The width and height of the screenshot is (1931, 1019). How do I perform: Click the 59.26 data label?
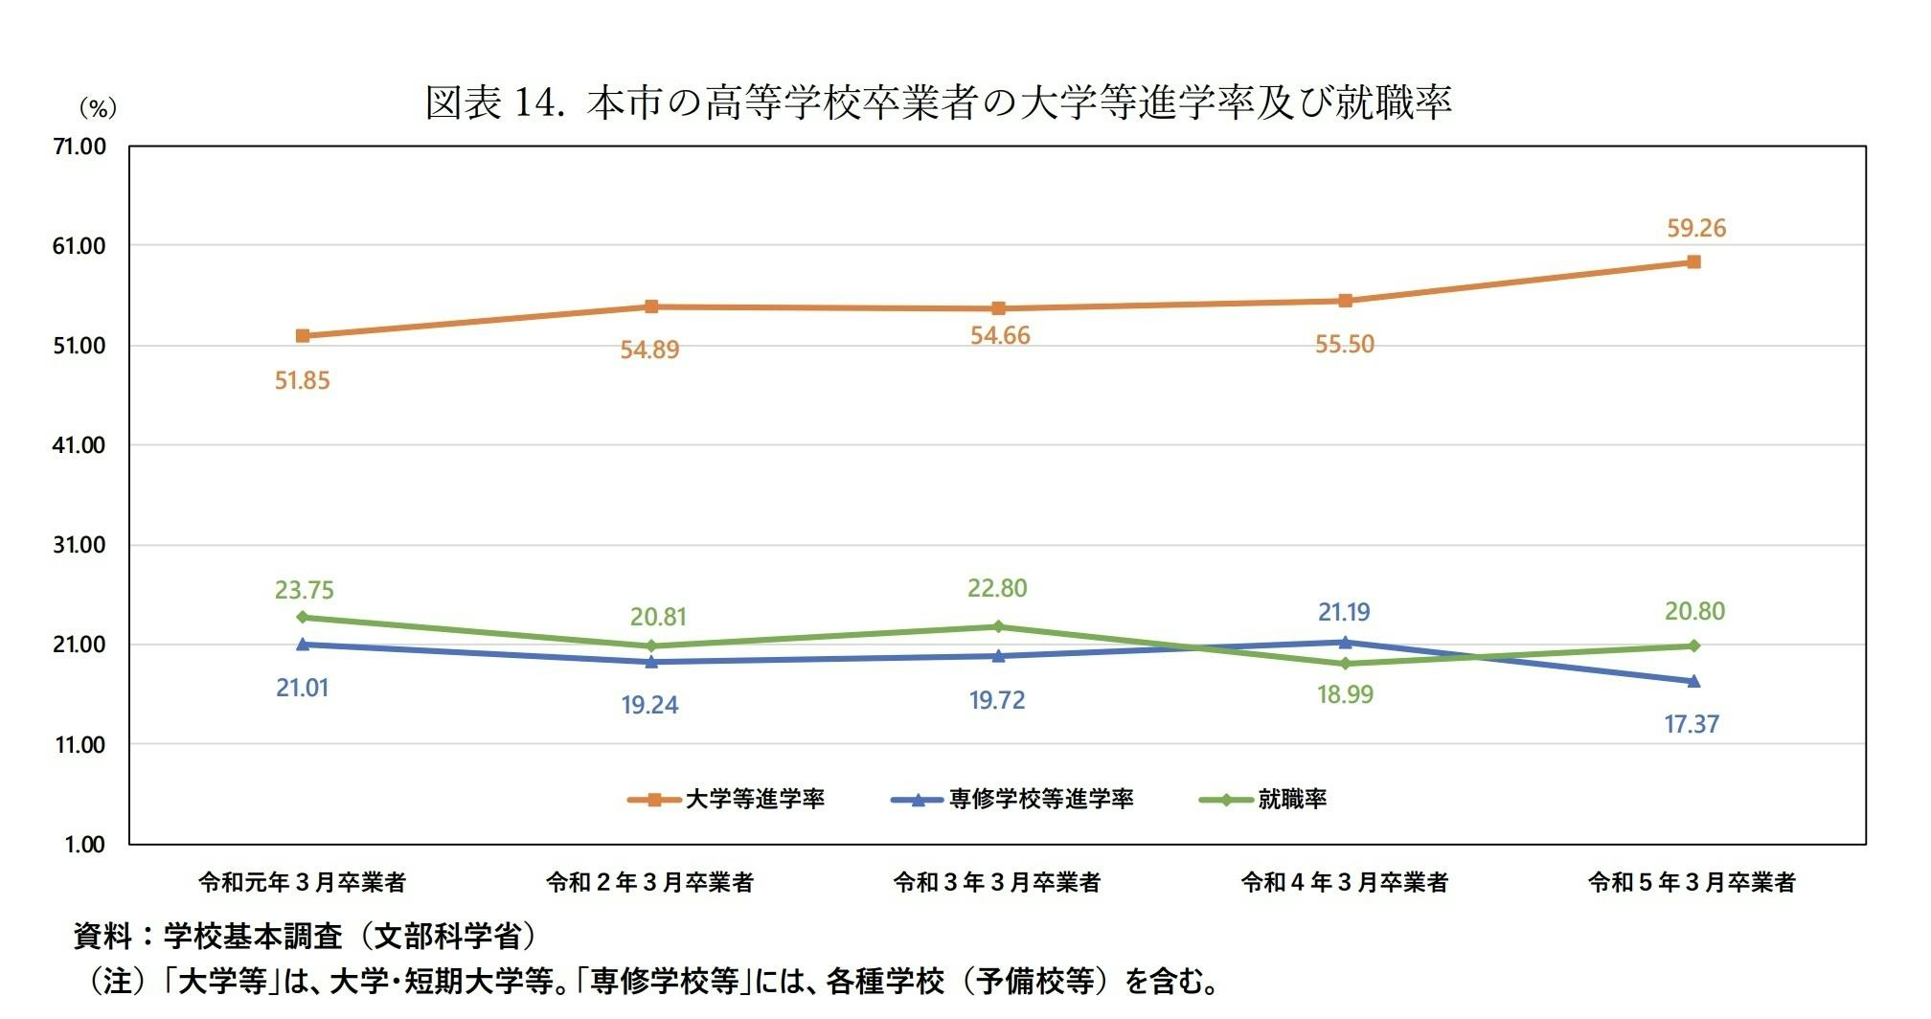pos(1695,228)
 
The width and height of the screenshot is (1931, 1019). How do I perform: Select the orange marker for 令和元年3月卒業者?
pos(303,336)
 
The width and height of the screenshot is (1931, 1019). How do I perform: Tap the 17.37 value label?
pos(1692,724)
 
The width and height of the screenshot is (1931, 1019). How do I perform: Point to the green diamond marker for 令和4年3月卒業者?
pos(1345,664)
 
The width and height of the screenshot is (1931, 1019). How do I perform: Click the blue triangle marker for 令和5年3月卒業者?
pos(1693,681)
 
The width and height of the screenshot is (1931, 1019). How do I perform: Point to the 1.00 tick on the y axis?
pos(84,845)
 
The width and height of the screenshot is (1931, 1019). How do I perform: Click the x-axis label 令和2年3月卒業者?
pos(649,882)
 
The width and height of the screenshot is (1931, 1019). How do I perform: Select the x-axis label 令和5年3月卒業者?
pos(1692,882)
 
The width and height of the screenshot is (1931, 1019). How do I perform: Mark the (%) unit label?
pos(97,108)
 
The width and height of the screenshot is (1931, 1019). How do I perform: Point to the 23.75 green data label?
pos(304,590)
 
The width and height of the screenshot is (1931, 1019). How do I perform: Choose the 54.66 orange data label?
pos(1000,335)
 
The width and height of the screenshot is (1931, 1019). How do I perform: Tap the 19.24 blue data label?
pos(649,705)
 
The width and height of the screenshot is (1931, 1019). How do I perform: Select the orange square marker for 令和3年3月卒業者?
pos(998,308)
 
